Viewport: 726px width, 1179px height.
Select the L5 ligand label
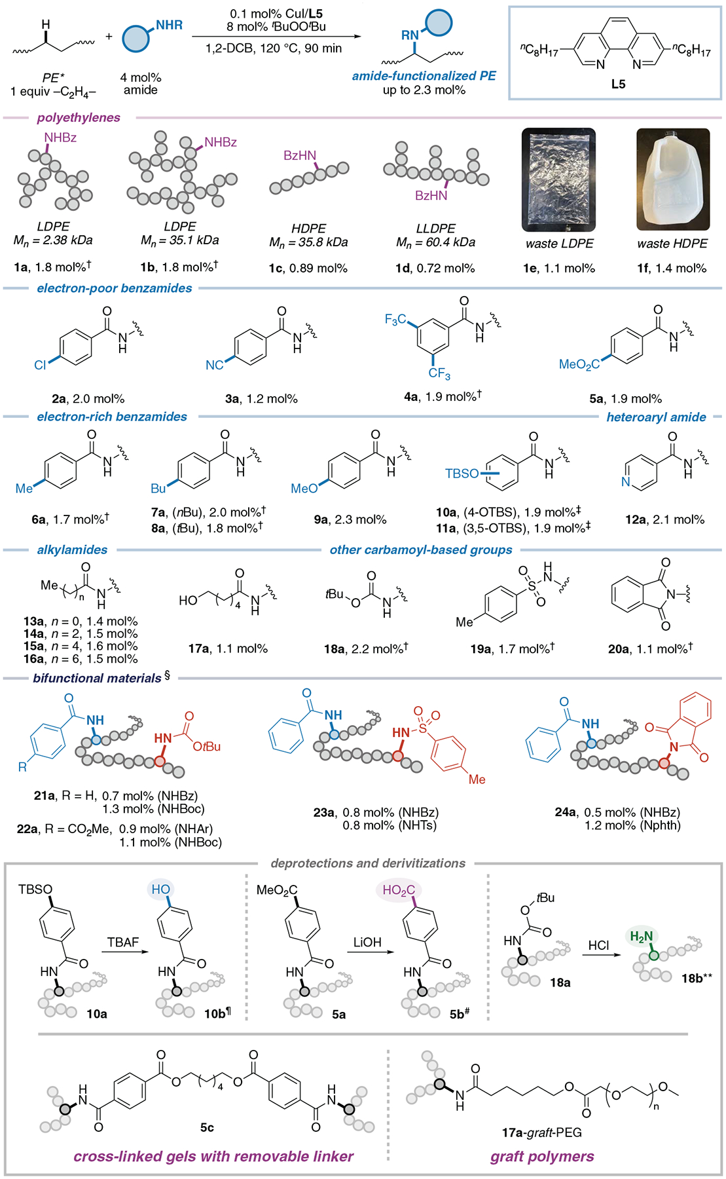click(x=618, y=84)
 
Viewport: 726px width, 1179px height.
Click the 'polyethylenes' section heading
click(x=79, y=118)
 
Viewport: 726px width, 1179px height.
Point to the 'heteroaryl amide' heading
click(x=656, y=417)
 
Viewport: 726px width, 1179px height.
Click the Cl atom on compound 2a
click(x=41, y=365)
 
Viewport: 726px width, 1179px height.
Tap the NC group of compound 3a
click(x=215, y=365)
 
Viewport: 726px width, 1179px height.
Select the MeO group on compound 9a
click(x=304, y=489)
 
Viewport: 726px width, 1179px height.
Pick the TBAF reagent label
click(x=123, y=942)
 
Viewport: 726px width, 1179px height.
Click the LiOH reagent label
click(x=367, y=942)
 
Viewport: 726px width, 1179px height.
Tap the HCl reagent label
click(x=598, y=945)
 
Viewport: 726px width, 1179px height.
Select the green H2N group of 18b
click(x=641, y=936)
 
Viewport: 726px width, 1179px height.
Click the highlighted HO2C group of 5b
click(x=399, y=890)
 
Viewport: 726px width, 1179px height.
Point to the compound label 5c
click(x=207, y=1127)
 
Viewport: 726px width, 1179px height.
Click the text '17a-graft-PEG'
click(x=542, y=1132)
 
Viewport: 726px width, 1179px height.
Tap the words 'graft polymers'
click(x=542, y=1157)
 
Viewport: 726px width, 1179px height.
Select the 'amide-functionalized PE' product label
click(x=424, y=76)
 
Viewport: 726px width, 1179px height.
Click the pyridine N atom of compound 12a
click(x=626, y=481)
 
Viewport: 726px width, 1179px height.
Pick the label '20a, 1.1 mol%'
click(x=649, y=648)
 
